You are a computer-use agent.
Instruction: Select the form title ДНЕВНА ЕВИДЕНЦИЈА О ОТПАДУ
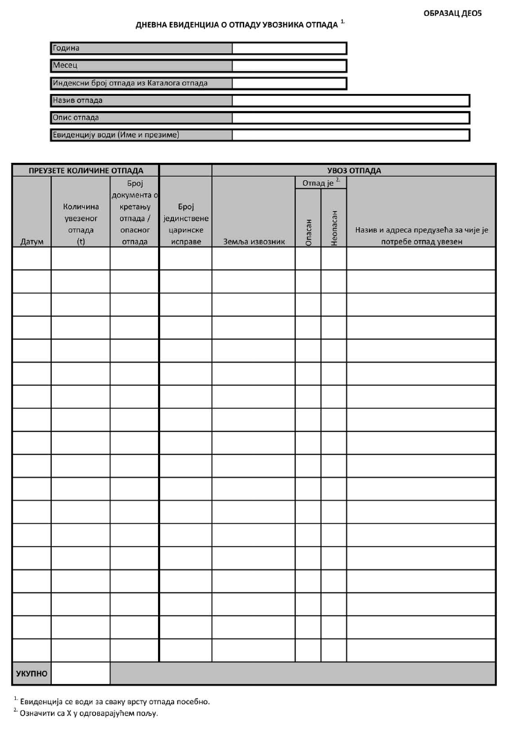tap(238, 26)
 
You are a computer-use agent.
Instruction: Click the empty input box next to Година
tap(289, 48)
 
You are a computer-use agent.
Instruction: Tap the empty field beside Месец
tap(289, 66)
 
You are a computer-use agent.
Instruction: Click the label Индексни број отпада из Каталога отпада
tap(130, 84)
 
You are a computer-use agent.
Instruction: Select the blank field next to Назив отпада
tap(350, 101)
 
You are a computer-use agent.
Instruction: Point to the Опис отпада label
tap(77, 118)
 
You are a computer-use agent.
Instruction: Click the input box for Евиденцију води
tap(350, 135)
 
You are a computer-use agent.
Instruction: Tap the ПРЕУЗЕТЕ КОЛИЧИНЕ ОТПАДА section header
tap(86, 170)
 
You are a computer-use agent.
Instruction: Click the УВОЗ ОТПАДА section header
tap(354, 170)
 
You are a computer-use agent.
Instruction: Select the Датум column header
tap(32, 242)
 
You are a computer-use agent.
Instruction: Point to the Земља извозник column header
tap(254, 242)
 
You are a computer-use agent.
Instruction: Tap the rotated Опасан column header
tap(308, 231)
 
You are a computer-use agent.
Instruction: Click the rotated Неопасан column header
tap(334, 228)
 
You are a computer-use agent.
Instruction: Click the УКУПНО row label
tap(32, 673)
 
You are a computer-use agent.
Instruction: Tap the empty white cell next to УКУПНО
tap(81, 673)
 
